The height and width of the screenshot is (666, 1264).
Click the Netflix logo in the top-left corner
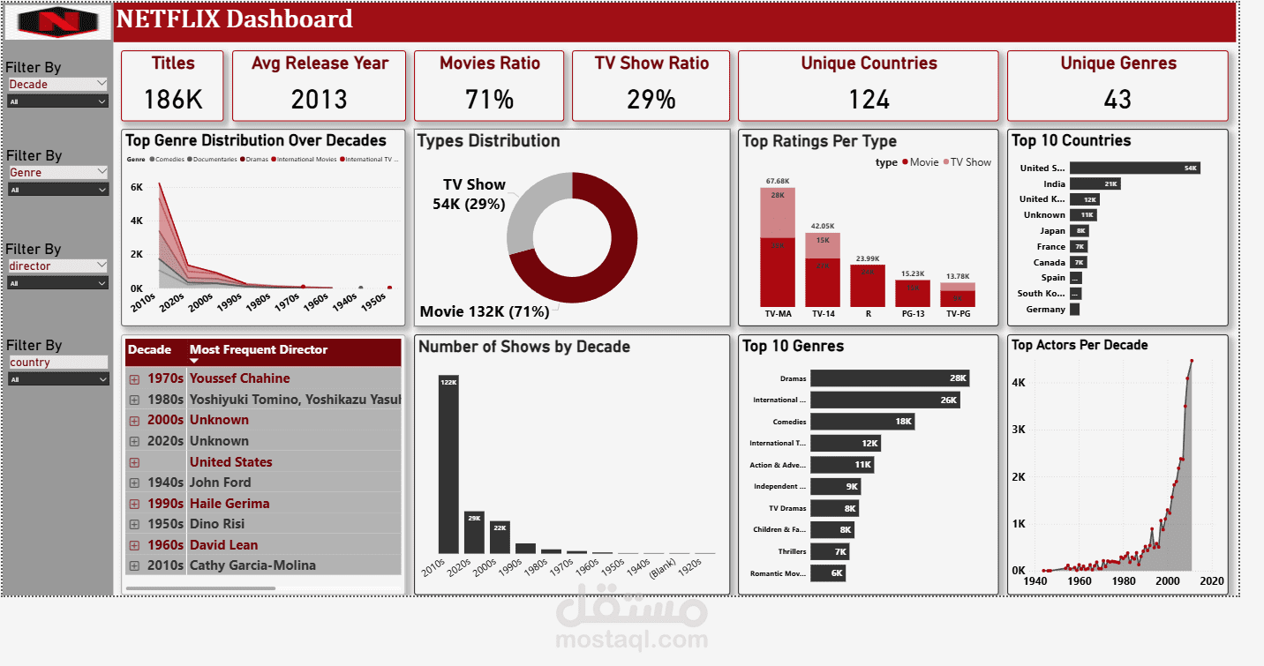[58, 21]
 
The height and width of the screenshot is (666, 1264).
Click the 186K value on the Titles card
[173, 100]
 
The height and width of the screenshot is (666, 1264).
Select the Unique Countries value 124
[869, 100]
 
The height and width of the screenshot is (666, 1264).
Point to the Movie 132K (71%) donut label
[485, 311]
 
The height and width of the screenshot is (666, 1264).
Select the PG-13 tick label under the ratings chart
[913, 313]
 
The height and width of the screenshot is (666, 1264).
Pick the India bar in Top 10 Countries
[1095, 183]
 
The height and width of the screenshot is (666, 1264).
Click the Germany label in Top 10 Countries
[1045, 310]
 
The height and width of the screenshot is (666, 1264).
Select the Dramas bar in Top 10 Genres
[889, 378]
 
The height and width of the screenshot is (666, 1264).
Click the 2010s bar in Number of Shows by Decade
[448, 464]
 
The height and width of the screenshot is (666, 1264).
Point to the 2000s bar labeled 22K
[500, 536]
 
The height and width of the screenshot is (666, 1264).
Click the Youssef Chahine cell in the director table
[239, 378]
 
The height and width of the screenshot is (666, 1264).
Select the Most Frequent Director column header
[259, 350]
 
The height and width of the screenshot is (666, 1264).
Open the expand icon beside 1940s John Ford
[134, 483]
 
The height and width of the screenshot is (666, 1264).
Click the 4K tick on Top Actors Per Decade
[1018, 383]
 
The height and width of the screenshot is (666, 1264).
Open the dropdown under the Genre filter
[58, 190]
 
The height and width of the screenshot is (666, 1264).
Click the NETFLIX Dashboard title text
[235, 19]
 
